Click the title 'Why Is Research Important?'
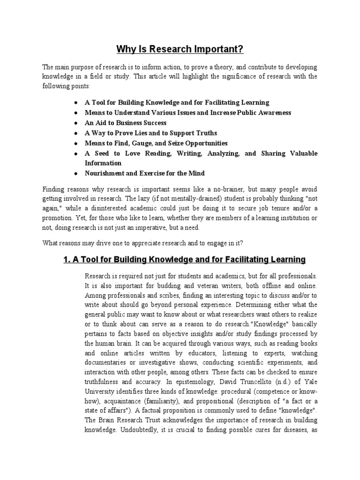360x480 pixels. coord(180,49)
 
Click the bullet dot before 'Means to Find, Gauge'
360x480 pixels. coord(76,143)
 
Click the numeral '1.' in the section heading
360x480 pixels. coord(67,259)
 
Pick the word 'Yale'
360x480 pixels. coord(310,382)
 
